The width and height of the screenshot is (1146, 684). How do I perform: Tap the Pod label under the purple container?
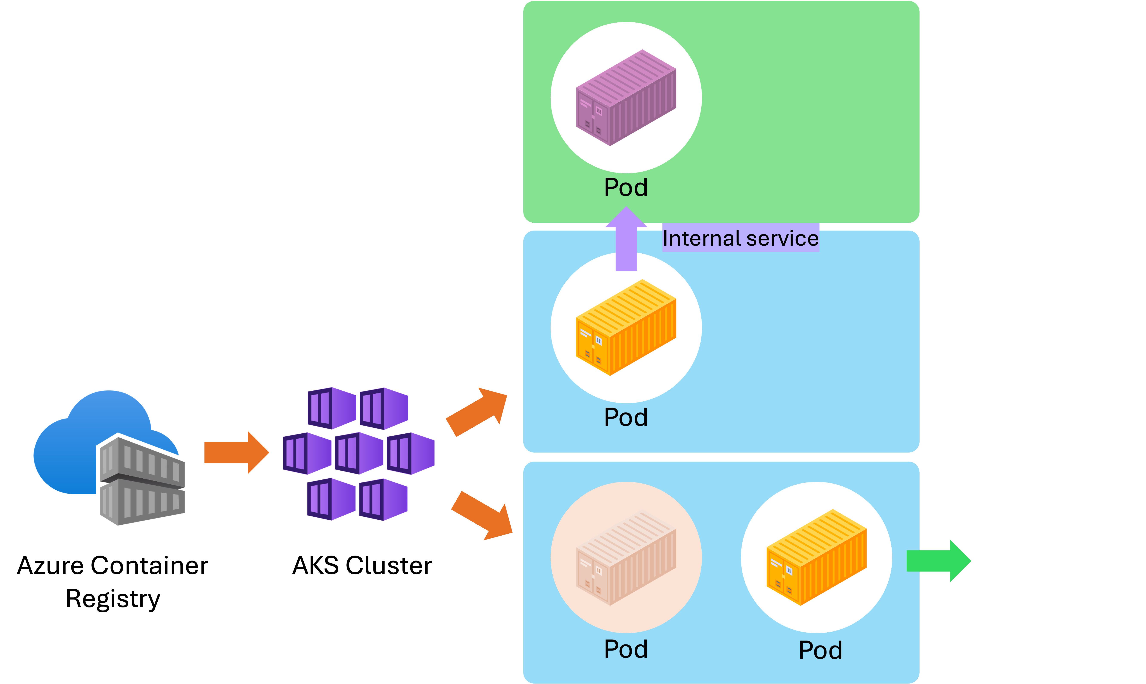point(626,187)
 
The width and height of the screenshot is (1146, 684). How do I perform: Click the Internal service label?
point(740,238)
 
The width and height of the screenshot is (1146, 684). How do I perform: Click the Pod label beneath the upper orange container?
point(626,417)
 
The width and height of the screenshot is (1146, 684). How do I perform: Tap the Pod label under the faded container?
point(626,649)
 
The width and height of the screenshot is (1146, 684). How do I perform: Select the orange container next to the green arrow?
point(816,558)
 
